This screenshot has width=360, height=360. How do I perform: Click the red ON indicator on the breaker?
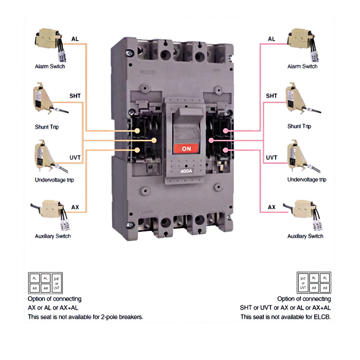point(187,148)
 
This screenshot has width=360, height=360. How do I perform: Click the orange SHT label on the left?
point(75,96)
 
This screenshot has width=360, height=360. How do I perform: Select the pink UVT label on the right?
point(272,157)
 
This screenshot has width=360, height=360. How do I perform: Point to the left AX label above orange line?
point(75,207)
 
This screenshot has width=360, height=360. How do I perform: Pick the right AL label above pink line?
point(272,39)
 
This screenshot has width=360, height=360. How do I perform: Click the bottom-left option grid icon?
point(45,283)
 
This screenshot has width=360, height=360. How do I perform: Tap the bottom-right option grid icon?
point(313,283)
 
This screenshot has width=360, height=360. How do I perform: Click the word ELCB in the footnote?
point(322,317)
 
